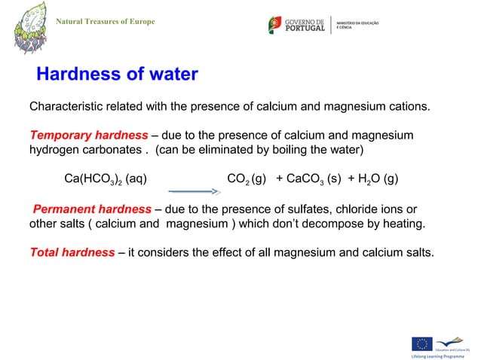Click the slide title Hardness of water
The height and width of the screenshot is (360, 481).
pos(117,75)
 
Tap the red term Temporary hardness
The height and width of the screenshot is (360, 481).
pos(88,136)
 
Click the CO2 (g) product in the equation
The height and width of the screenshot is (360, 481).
pos(246,179)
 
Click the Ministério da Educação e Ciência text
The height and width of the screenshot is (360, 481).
pos(357,25)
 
